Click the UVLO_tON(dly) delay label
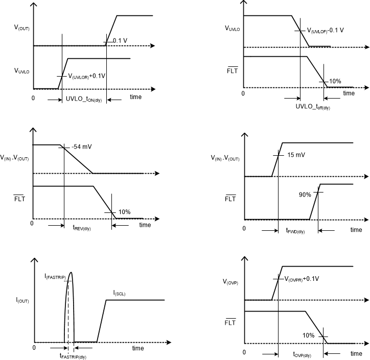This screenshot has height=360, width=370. (85, 99)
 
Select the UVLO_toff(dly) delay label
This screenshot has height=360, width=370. (313, 107)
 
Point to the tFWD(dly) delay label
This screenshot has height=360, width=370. (295, 231)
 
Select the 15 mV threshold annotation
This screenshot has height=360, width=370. (295, 155)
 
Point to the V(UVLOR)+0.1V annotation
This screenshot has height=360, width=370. (87, 76)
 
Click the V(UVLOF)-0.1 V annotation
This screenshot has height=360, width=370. (325, 30)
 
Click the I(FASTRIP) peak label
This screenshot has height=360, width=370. (56, 276)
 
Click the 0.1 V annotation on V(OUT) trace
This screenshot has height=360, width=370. (119, 41)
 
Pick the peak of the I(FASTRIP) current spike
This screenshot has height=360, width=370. (71, 272)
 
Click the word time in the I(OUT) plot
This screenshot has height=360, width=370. (138, 348)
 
